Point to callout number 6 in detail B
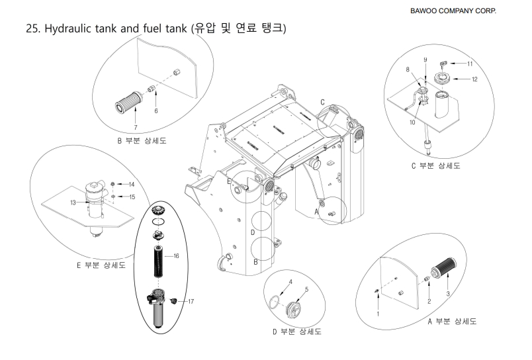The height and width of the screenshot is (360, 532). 155,112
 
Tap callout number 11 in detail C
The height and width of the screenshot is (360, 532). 469,64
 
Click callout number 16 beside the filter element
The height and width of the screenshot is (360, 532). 176,255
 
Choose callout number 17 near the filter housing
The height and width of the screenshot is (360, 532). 190,302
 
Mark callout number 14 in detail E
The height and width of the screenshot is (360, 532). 130,184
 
